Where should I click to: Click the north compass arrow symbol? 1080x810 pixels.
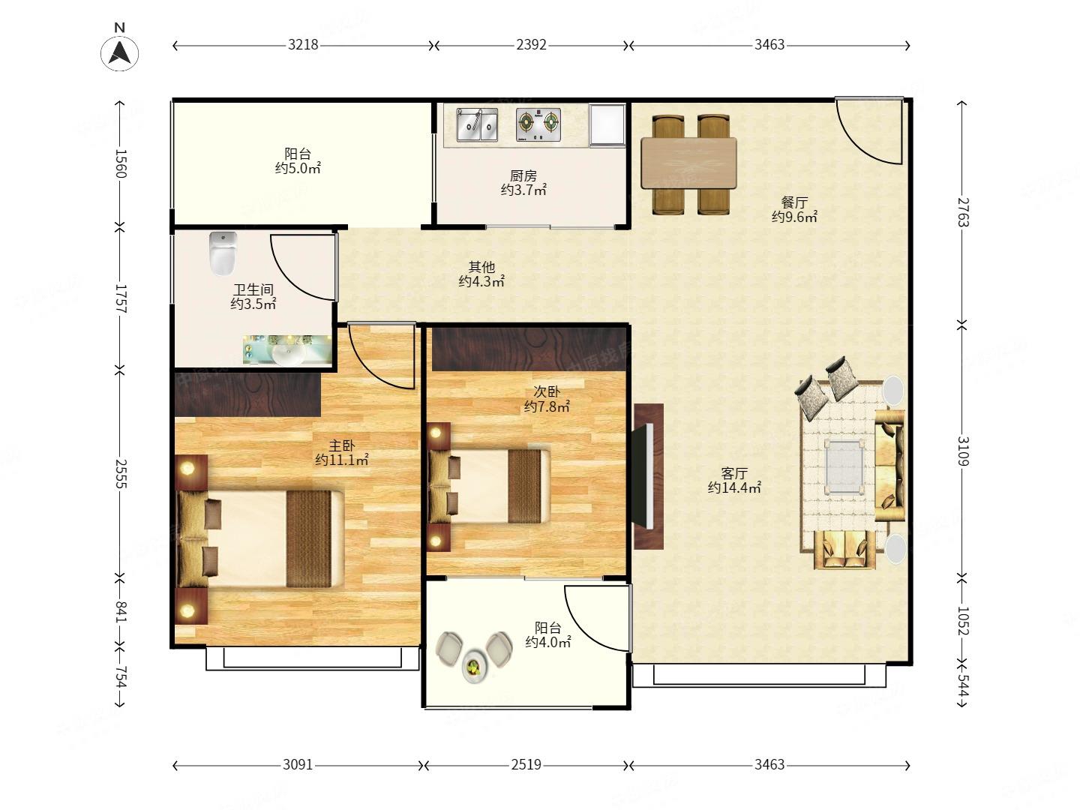(119, 52)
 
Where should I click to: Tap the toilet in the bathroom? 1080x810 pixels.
(223, 253)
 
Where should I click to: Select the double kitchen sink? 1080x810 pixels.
(477, 124)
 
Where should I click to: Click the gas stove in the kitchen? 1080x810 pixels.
(538, 124)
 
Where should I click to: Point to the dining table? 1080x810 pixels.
(688, 163)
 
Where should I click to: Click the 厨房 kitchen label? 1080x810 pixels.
(523, 175)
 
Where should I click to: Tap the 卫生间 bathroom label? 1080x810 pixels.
(253, 289)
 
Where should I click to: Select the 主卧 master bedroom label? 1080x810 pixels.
(341, 446)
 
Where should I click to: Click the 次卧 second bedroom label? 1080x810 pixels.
(547, 392)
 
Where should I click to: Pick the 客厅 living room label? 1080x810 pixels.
(734, 473)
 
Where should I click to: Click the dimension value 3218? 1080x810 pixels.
(303, 45)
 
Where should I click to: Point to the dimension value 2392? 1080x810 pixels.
(532, 45)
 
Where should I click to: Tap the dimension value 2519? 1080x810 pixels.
(526, 764)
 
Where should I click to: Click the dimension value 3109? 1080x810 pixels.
(963, 451)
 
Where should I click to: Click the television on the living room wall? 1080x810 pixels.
(643, 475)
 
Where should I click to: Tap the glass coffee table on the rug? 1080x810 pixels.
(844, 466)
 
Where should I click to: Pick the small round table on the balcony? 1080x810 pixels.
(474, 667)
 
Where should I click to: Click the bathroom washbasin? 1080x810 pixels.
(286, 351)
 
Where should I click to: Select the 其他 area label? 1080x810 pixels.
(481, 267)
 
